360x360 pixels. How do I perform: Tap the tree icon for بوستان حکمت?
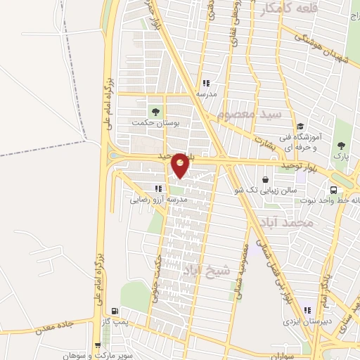point(154,111)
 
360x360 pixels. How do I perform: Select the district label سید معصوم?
point(249,113)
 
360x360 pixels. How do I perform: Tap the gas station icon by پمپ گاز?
point(115,311)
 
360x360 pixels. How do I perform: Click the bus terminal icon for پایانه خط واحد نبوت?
point(335,189)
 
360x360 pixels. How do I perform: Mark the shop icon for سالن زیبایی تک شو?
point(264,179)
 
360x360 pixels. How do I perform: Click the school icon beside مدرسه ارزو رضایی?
point(158,188)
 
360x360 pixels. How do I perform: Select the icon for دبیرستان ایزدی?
point(306,310)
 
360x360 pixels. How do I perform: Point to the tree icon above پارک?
point(341,145)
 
